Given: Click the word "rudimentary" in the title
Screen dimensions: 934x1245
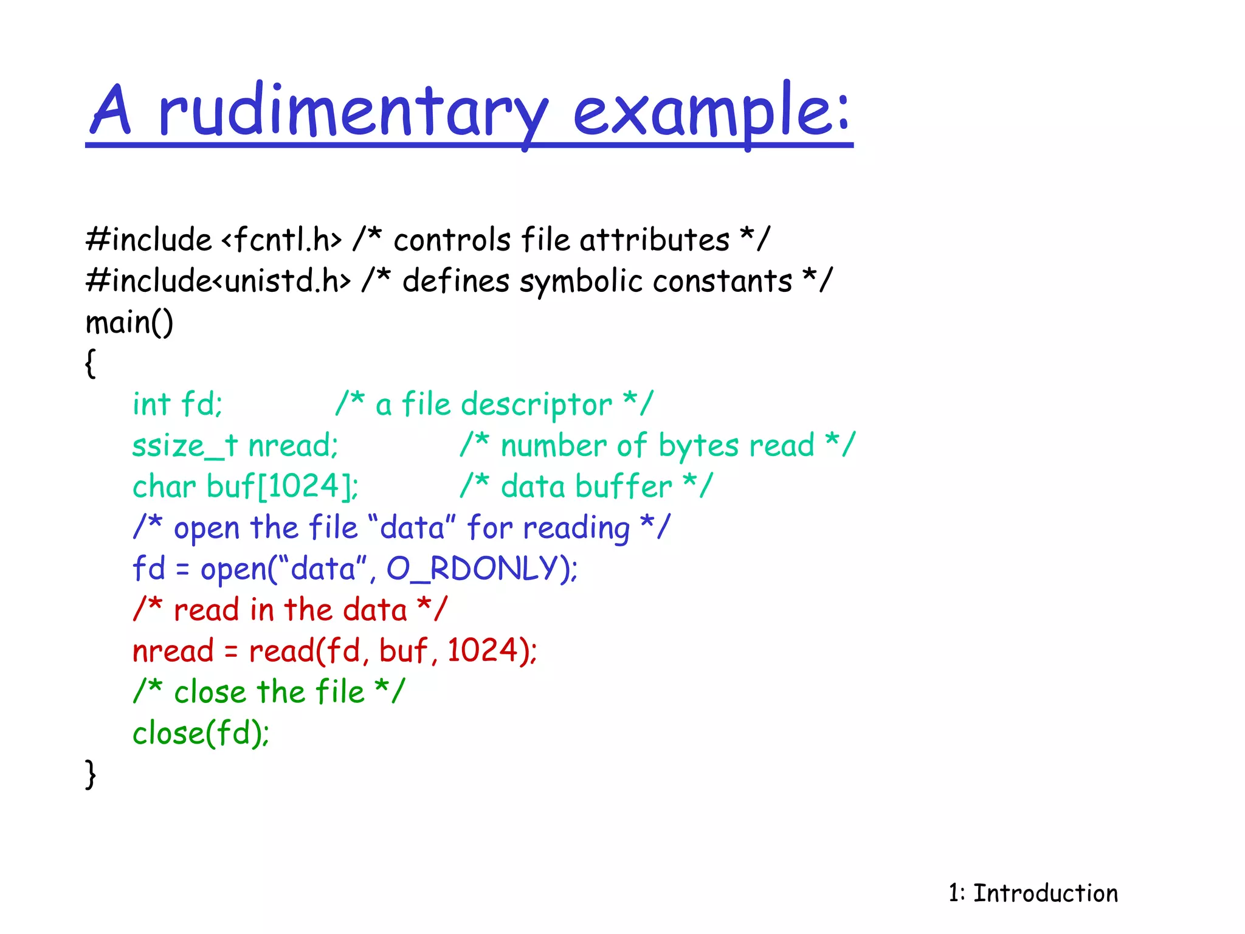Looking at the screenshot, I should tap(353, 112).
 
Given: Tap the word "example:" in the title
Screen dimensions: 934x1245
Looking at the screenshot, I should tap(711, 112).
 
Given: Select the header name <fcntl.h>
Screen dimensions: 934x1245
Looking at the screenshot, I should tap(282, 240).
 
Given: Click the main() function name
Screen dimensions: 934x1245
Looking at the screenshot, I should tap(129, 322).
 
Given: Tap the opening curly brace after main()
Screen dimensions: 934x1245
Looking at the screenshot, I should tap(91, 364).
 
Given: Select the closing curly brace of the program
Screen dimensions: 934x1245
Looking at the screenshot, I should tap(91, 774).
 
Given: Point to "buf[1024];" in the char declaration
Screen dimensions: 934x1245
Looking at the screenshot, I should tap(283, 486).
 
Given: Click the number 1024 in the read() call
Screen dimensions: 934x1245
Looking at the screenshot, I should tap(483, 651).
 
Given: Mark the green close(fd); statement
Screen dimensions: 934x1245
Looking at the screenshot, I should tap(201, 733).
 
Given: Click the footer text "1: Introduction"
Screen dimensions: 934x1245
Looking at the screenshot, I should tap(1033, 893).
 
